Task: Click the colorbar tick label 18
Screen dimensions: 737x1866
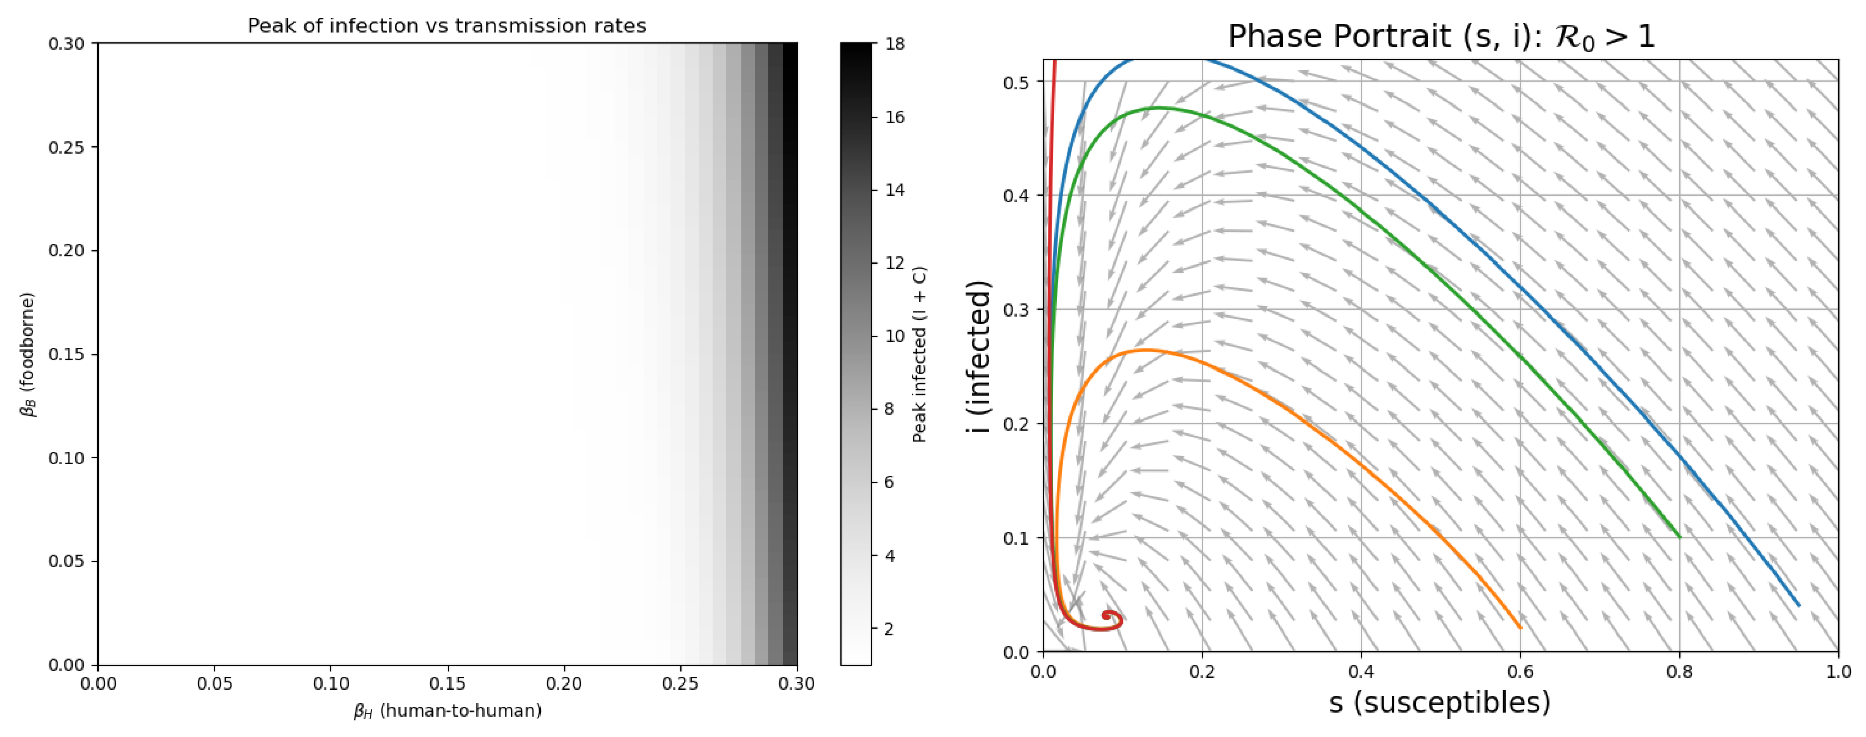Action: tap(895, 44)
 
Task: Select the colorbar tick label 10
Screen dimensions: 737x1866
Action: tap(895, 336)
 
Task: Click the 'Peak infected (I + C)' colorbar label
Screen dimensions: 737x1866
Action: tap(920, 355)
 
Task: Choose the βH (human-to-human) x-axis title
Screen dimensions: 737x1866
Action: tap(447, 711)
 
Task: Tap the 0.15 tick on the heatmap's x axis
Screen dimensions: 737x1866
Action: tap(447, 683)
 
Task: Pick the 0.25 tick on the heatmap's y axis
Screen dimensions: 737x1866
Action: tap(67, 148)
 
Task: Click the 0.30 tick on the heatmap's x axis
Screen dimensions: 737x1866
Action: tap(796, 683)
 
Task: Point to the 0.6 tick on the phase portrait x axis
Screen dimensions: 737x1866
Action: tap(1520, 672)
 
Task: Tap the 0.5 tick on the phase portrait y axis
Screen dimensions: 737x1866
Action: tap(1016, 81)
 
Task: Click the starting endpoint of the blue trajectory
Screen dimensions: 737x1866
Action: tap(1799, 605)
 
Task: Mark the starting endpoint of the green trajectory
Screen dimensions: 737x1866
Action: tap(1679, 537)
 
